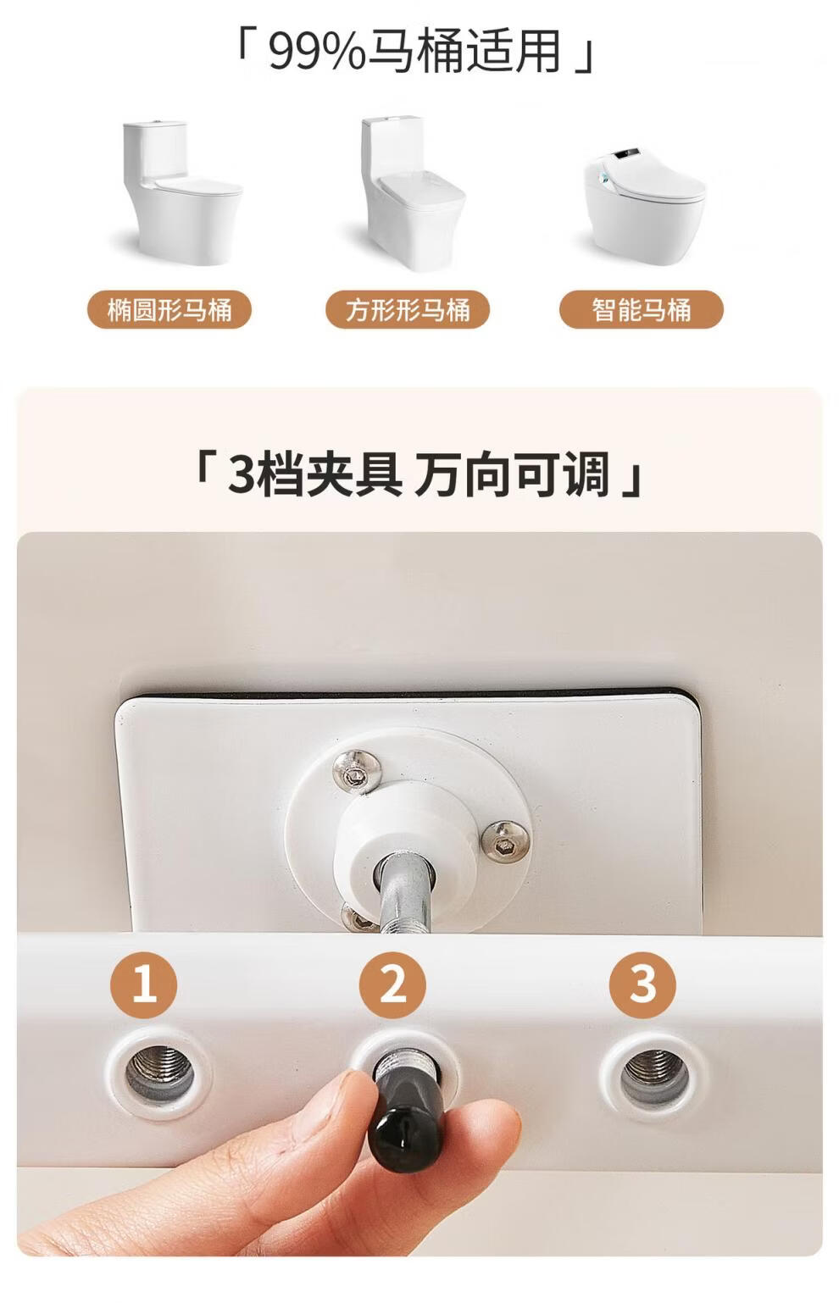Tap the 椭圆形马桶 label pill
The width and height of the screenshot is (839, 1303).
click(x=169, y=309)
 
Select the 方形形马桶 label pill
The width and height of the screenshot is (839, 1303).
click(x=408, y=309)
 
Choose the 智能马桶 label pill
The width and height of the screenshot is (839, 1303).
click(x=642, y=309)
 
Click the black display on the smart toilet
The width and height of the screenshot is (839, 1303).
click(x=626, y=154)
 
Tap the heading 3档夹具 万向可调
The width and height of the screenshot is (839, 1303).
click(x=419, y=474)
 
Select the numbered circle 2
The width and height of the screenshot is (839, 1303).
click(x=392, y=984)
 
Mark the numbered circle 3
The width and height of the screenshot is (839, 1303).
click(x=642, y=984)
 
